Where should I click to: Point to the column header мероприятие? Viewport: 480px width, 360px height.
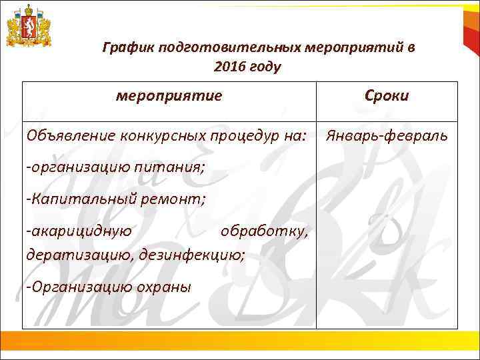click(x=169, y=95)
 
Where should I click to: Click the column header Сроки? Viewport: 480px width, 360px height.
click(x=387, y=95)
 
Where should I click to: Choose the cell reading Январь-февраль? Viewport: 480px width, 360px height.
click(x=386, y=136)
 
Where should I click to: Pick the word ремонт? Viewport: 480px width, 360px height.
click(x=181, y=198)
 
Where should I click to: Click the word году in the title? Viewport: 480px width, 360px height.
click(x=265, y=67)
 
